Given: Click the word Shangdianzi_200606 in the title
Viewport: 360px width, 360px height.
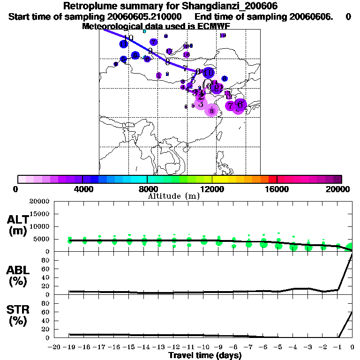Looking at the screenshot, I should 234,6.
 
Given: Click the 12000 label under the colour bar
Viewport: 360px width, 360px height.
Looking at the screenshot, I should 212,189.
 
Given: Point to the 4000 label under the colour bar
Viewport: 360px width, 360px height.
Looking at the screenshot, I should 82,189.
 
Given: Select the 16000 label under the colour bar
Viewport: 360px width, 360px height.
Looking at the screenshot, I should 277,189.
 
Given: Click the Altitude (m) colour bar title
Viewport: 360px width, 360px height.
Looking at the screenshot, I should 173,196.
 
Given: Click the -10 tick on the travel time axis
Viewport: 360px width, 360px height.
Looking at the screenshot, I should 204,347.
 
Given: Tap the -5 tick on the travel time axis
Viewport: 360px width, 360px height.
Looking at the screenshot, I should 278,347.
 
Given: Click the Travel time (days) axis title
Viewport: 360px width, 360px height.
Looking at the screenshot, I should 205,355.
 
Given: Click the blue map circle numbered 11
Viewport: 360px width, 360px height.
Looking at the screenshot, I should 124,44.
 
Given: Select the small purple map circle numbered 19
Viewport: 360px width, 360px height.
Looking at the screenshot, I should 223,35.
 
